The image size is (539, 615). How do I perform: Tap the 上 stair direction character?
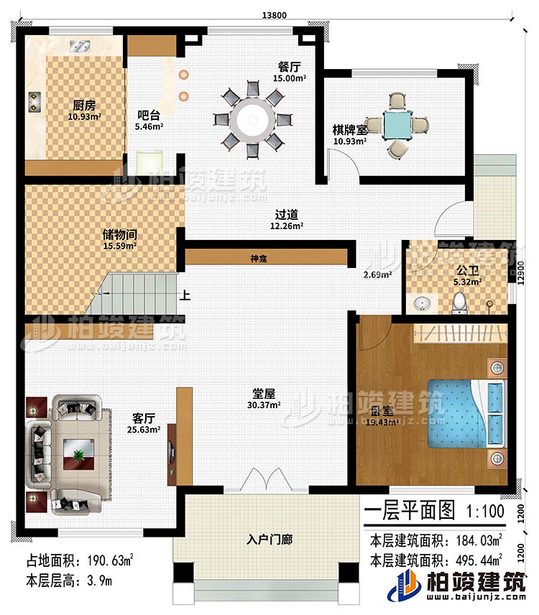(x=185, y=294)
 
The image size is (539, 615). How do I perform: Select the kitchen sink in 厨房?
(x=78, y=46)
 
